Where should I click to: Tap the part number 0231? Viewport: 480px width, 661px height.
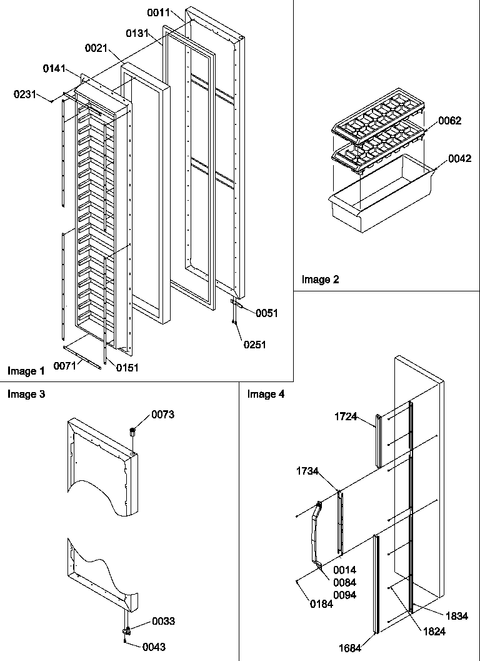24,94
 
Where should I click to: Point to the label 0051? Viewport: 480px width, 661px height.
267,313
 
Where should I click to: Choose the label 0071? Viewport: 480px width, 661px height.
64,365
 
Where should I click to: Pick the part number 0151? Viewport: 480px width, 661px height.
127,368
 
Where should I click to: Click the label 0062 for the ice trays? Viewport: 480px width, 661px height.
450,121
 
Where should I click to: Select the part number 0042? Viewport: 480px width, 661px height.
459,159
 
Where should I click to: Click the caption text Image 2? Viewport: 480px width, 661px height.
320,280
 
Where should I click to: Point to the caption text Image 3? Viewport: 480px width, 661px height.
26,394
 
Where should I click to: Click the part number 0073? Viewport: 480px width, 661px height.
163,415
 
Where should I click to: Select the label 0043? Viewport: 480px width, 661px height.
154,647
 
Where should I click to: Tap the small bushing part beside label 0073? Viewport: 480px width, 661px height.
132,431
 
